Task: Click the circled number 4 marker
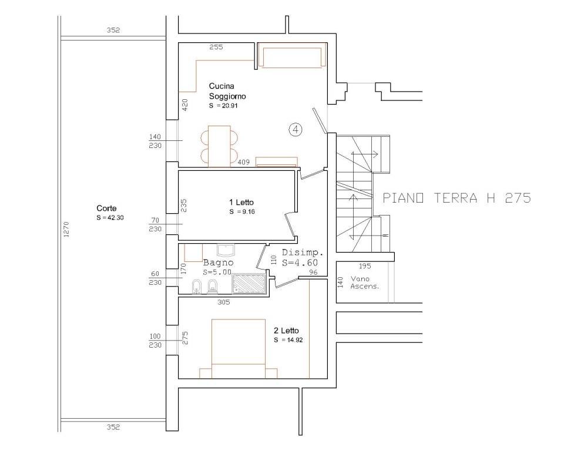tap(296, 129)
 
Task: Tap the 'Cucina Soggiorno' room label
tap(227, 91)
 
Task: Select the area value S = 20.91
tap(223, 106)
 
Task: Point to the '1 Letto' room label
tap(241, 203)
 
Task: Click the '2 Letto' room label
tap(286, 331)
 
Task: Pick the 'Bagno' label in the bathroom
tap(218, 262)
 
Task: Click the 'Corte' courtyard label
tap(106, 208)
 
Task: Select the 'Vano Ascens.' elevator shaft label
tap(365, 282)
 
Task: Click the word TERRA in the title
tap(456, 198)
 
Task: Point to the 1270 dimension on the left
tap(66, 230)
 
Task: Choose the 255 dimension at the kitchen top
tap(216, 47)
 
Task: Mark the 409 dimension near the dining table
tap(243, 162)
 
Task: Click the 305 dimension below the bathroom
tap(224, 302)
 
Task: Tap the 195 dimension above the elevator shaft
tap(365, 266)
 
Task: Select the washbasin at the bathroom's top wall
tap(226, 250)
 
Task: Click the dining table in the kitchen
tap(219, 146)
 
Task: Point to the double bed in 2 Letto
tap(239, 348)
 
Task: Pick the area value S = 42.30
tap(110, 218)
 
